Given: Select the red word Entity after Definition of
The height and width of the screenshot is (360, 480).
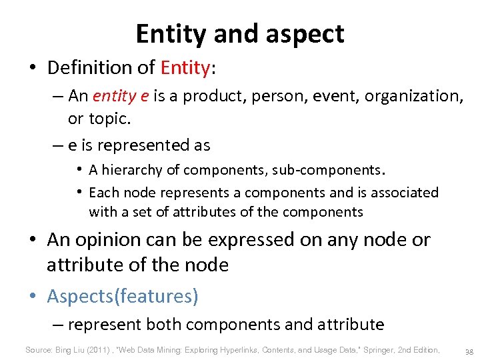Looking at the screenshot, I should point(184,67).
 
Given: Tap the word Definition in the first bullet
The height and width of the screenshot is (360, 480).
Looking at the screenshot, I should point(89,67).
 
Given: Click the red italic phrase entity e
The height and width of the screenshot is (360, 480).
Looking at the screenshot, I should point(121,96).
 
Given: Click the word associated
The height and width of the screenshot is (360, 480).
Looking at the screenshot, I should point(403,193).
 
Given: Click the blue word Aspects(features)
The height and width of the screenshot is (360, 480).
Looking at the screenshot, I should point(122,296).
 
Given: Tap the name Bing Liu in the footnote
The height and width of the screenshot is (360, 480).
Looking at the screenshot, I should point(71,349).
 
